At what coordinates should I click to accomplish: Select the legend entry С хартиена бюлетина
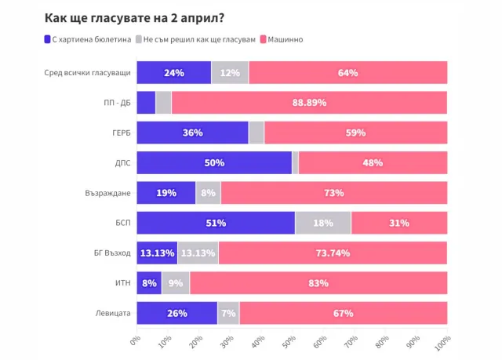[87, 38]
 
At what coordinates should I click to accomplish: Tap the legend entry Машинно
[286, 38]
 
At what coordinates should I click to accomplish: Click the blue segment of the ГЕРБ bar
[192, 133]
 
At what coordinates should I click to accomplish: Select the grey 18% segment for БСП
[322, 223]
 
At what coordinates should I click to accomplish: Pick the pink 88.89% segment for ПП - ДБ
[309, 103]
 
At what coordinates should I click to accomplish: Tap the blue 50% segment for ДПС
[214, 163]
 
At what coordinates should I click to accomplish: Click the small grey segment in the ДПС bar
[295, 163]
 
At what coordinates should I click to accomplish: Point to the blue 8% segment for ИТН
[149, 283]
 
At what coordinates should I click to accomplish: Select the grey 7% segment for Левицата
[228, 313]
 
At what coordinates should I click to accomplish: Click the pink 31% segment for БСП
[398, 223]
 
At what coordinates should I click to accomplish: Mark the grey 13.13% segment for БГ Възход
[198, 253]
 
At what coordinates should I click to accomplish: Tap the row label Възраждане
[107, 193]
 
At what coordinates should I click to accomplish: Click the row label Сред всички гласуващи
[88, 73]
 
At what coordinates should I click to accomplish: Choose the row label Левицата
[112, 313]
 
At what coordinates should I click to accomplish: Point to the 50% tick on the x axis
[289, 343]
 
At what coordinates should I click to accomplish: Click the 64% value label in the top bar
[347, 73]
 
